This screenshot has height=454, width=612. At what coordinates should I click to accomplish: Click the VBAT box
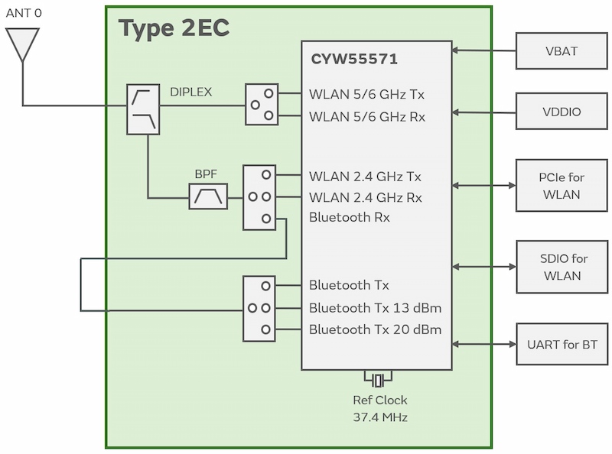(x=562, y=52)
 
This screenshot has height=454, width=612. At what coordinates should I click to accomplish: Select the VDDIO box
(x=562, y=112)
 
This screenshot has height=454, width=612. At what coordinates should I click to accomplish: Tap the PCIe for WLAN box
(x=562, y=186)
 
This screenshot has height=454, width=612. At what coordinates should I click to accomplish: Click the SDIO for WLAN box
(x=562, y=267)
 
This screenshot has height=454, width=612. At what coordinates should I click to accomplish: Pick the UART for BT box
(x=562, y=345)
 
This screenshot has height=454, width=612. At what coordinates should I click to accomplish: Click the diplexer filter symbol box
(x=143, y=109)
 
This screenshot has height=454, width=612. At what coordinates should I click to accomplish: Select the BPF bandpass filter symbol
(x=208, y=196)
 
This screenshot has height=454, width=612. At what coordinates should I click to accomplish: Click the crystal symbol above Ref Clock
(x=377, y=380)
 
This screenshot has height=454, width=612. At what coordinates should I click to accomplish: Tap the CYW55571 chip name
(x=354, y=59)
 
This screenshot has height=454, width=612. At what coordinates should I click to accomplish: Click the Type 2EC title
(x=174, y=29)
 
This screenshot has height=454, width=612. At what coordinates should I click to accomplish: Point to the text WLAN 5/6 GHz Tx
(x=366, y=95)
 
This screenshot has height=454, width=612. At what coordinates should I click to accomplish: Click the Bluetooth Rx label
(x=349, y=217)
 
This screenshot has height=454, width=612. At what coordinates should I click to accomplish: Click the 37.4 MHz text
(x=379, y=417)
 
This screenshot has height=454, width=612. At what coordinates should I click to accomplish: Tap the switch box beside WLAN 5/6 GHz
(x=262, y=105)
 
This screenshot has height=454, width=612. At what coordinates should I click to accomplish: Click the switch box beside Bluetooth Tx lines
(x=259, y=308)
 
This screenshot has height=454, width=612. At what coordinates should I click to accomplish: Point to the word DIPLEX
(x=190, y=92)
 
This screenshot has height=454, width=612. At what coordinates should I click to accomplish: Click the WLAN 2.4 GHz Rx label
(x=365, y=197)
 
